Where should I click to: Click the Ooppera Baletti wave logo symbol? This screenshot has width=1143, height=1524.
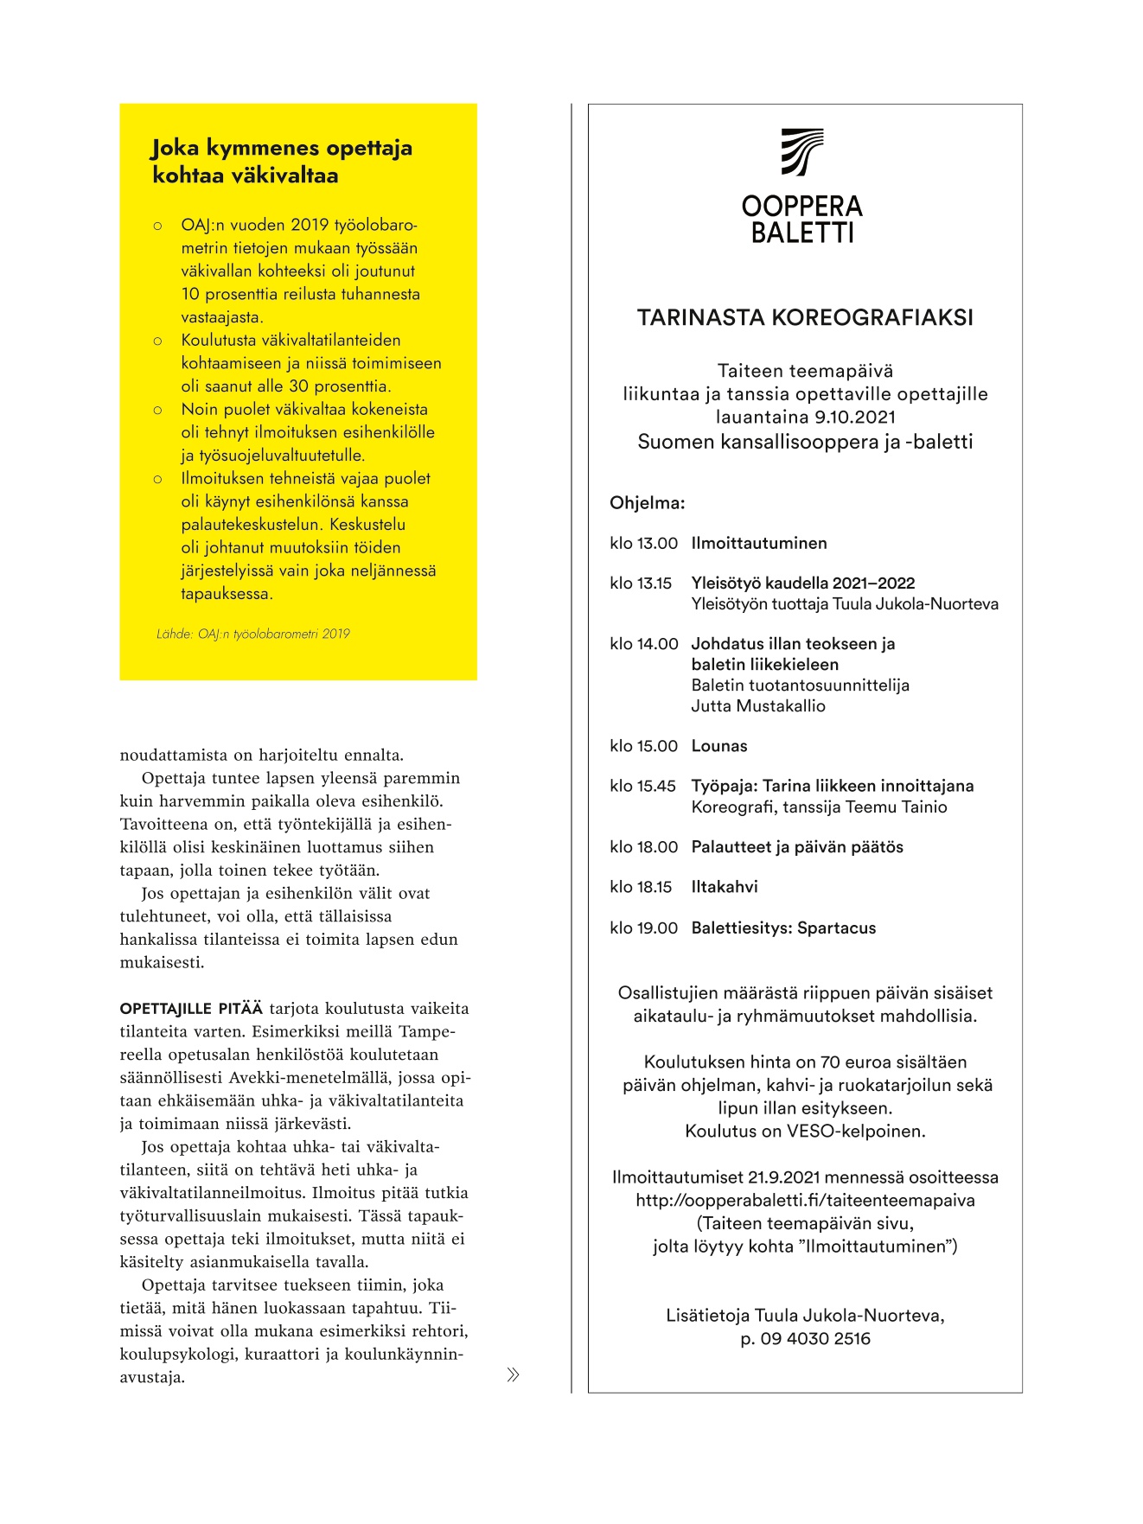(802, 152)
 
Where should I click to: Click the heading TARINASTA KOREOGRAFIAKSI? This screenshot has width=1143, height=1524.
(805, 318)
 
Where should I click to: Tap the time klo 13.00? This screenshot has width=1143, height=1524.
(643, 544)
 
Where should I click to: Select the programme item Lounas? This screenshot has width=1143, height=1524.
(719, 746)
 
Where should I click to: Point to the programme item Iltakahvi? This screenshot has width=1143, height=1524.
(725, 887)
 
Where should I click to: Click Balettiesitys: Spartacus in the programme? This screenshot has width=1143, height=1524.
(783, 928)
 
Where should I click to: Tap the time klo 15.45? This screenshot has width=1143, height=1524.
(642, 786)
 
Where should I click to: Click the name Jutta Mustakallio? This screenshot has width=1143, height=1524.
(758, 706)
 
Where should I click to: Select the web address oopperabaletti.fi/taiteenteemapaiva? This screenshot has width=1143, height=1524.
(805, 1201)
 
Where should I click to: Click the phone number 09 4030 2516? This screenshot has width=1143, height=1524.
(815, 1339)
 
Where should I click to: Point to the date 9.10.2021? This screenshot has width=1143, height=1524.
(854, 418)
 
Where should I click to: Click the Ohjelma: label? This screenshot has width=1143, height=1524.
(647, 503)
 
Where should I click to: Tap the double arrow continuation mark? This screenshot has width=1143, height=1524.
(513, 1375)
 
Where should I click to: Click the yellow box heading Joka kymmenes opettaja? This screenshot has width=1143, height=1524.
(282, 149)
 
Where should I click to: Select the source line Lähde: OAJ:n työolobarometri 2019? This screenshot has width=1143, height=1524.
(253, 634)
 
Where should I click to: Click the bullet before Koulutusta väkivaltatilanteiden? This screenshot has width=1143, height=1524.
(157, 341)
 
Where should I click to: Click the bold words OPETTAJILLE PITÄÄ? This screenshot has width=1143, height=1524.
(191, 1009)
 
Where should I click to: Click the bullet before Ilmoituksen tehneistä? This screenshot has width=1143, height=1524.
(157, 480)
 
